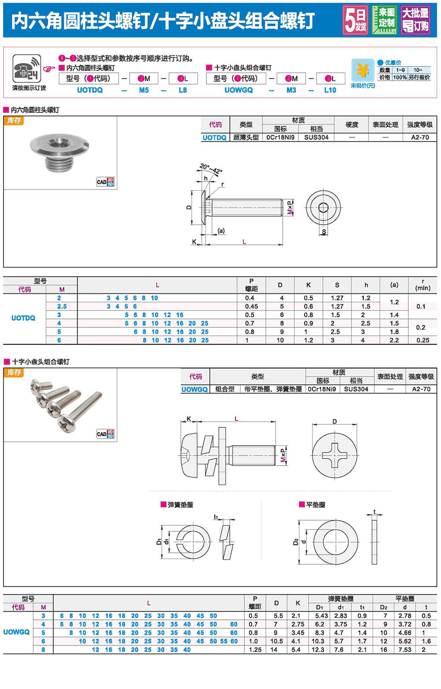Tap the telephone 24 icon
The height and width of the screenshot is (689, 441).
coord(27,69)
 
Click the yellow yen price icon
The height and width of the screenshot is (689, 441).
coord(363,70)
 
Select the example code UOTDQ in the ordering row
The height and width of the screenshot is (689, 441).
coord(90,90)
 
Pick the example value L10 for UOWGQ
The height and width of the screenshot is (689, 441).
coord(330,90)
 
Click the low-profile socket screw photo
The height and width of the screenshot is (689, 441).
coord(60,152)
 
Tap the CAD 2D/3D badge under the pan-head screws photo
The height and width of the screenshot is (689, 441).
coord(105,434)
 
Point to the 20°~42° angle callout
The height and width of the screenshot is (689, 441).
coord(211,168)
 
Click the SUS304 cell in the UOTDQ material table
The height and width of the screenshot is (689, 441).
coord(316,137)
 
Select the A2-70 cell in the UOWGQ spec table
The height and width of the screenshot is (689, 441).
coord(421,389)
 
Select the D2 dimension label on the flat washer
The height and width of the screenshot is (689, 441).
coord(295,542)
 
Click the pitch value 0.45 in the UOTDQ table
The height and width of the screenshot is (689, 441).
coord(251,306)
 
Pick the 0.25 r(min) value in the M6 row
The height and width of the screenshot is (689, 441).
coord(422,340)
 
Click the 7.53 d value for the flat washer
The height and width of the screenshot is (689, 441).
coord(404,649)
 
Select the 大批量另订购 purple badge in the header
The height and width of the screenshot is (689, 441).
coord(415,20)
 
